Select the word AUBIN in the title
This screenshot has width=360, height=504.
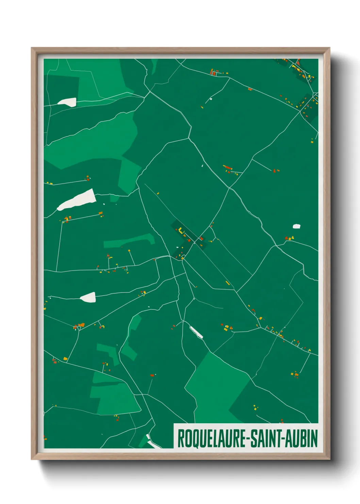[x=301, y=439]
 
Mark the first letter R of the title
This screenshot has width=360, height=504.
[x=181, y=439]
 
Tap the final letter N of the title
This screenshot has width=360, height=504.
[x=314, y=439]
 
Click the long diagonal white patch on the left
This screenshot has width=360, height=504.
[x=77, y=200]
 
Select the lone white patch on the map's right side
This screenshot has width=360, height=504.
[x=296, y=226]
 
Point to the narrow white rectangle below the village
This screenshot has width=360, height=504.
[x=196, y=332]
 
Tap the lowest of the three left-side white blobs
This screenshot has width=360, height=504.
[x=88, y=297]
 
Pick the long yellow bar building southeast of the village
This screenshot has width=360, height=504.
[x=227, y=283]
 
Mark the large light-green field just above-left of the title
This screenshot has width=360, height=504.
[x=214, y=388]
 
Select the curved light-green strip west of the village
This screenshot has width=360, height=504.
[x=129, y=241]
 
